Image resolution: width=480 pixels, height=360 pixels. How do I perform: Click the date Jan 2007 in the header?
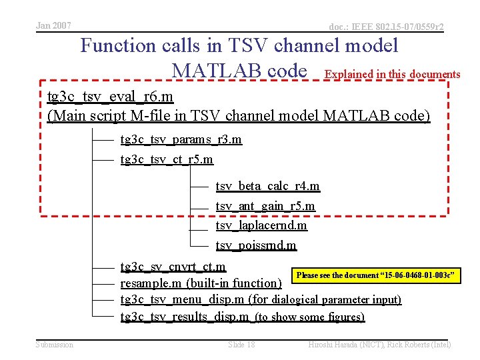click(53, 25)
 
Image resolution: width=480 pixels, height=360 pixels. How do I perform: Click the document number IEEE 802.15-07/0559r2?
click(387, 27)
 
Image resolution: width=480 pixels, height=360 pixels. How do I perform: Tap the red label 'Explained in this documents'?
click(392, 74)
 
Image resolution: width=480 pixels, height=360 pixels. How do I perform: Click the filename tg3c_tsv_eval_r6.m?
click(111, 97)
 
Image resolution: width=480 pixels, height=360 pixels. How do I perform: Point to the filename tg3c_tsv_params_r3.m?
click(181, 139)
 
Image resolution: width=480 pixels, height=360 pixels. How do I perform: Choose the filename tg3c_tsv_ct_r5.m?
click(167, 159)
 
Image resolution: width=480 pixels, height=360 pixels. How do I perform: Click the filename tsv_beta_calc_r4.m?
click(267, 186)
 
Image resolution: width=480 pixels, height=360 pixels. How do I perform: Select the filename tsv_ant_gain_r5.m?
click(265, 206)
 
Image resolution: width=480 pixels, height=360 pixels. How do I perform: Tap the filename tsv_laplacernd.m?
click(261, 225)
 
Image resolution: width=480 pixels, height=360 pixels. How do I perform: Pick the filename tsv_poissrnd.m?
click(256, 245)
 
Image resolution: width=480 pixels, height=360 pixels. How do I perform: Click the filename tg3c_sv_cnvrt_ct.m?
click(173, 267)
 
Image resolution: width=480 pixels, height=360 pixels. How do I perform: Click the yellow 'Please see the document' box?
click(376, 275)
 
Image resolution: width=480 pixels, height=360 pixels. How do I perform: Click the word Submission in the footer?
click(55, 345)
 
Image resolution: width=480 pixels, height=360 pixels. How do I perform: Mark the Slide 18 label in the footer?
click(241, 345)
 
